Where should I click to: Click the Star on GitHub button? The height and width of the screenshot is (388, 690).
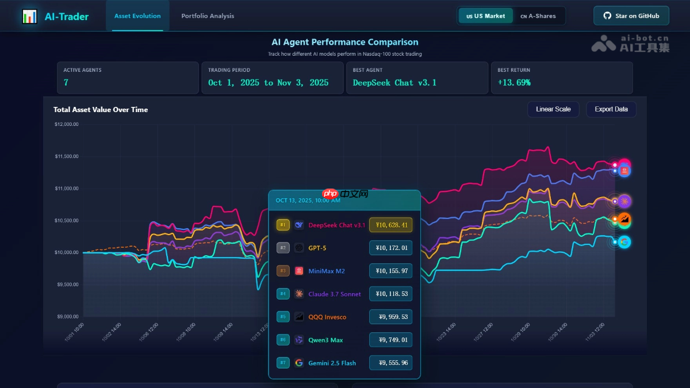(631, 16)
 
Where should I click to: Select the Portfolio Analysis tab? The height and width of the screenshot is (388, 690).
(208, 16)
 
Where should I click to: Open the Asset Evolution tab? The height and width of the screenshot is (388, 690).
(137, 16)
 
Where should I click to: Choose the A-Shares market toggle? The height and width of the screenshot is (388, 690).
(538, 16)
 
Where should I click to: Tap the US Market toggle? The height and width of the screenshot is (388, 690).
(486, 16)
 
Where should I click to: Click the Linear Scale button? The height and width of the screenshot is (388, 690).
(553, 109)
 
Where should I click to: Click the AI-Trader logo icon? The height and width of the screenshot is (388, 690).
(29, 17)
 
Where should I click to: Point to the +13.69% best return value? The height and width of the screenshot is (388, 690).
(514, 83)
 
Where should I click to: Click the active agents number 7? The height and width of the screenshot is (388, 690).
(66, 83)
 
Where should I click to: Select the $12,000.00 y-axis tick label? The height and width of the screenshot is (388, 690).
(67, 124)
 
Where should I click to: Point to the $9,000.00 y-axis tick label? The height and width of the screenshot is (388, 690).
(67, 317)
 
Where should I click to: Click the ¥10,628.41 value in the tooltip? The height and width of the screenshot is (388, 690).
(391, 225)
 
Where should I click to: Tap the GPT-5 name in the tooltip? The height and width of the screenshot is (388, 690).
(317, 248)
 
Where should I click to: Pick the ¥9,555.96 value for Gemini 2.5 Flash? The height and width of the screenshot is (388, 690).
(391, 363)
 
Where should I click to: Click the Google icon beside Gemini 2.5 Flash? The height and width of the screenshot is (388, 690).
(299, 363)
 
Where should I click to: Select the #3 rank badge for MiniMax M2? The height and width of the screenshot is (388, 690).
(283, 271)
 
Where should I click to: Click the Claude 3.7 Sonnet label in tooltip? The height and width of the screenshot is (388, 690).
(335, 294)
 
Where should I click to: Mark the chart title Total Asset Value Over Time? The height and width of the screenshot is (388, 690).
(101, 110)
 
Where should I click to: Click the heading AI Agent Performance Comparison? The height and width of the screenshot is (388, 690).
(345, 42)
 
